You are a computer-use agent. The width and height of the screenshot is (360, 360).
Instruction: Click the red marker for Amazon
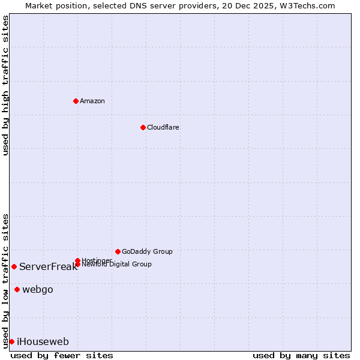click(x=76, y=101)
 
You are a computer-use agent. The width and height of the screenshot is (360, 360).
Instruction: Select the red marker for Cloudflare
click(x=143, y=127)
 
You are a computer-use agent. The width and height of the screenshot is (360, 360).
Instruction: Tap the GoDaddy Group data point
click(x=118, y=251)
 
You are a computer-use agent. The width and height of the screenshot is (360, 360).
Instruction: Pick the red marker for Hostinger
click(x=77, y=260)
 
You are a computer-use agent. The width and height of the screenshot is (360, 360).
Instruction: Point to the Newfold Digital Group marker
click(x=77, y=264)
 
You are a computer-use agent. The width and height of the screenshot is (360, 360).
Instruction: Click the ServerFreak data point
click(x=14, y=266)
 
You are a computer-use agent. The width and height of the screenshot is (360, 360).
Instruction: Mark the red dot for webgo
click(x=17, y=290)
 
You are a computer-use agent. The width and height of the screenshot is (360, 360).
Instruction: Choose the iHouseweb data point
click(x=11, y=341)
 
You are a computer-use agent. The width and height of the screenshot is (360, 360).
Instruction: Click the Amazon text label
click(x=92, y=101)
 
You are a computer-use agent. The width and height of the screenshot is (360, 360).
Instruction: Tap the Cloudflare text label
click(x=163, y=127)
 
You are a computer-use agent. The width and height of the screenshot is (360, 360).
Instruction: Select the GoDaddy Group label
click(x=147, y=251)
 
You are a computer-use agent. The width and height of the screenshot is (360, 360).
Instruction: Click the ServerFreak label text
click(x=48, y=266)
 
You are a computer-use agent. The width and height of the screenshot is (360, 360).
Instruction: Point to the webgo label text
click(x=38, y=290)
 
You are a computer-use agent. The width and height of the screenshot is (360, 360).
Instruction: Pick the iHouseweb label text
click(x=43, y=342)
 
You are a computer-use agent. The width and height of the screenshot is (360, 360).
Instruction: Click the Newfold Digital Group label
click(x=116, y=265)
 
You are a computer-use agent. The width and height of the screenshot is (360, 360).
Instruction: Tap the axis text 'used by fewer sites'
click(x=62, y=355)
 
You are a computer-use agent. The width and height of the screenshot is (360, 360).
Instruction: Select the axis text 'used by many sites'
click(x=301, y=355)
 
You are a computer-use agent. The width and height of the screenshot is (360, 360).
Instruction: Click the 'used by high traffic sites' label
click(x=5, y=86)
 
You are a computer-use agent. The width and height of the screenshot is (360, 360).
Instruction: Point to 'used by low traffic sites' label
click(x=5, y=280)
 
